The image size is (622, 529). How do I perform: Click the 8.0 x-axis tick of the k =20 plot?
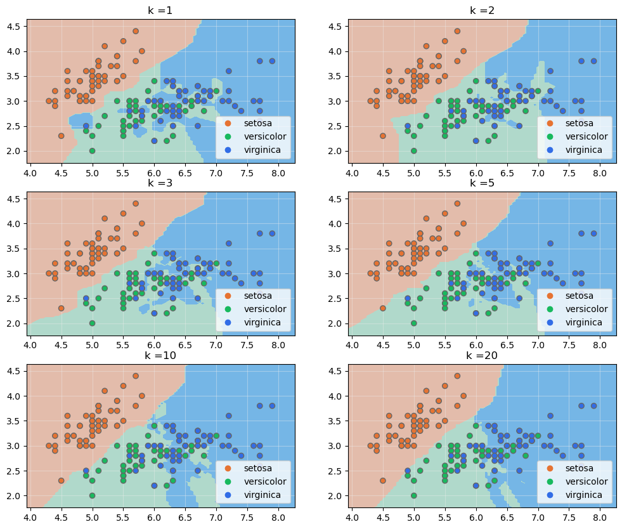pos(599,517)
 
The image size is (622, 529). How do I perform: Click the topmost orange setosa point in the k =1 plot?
pos(136,30)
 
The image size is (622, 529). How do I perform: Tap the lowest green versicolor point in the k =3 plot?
pos(92,323)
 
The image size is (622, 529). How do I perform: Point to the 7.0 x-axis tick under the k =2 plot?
pos(538,173)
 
